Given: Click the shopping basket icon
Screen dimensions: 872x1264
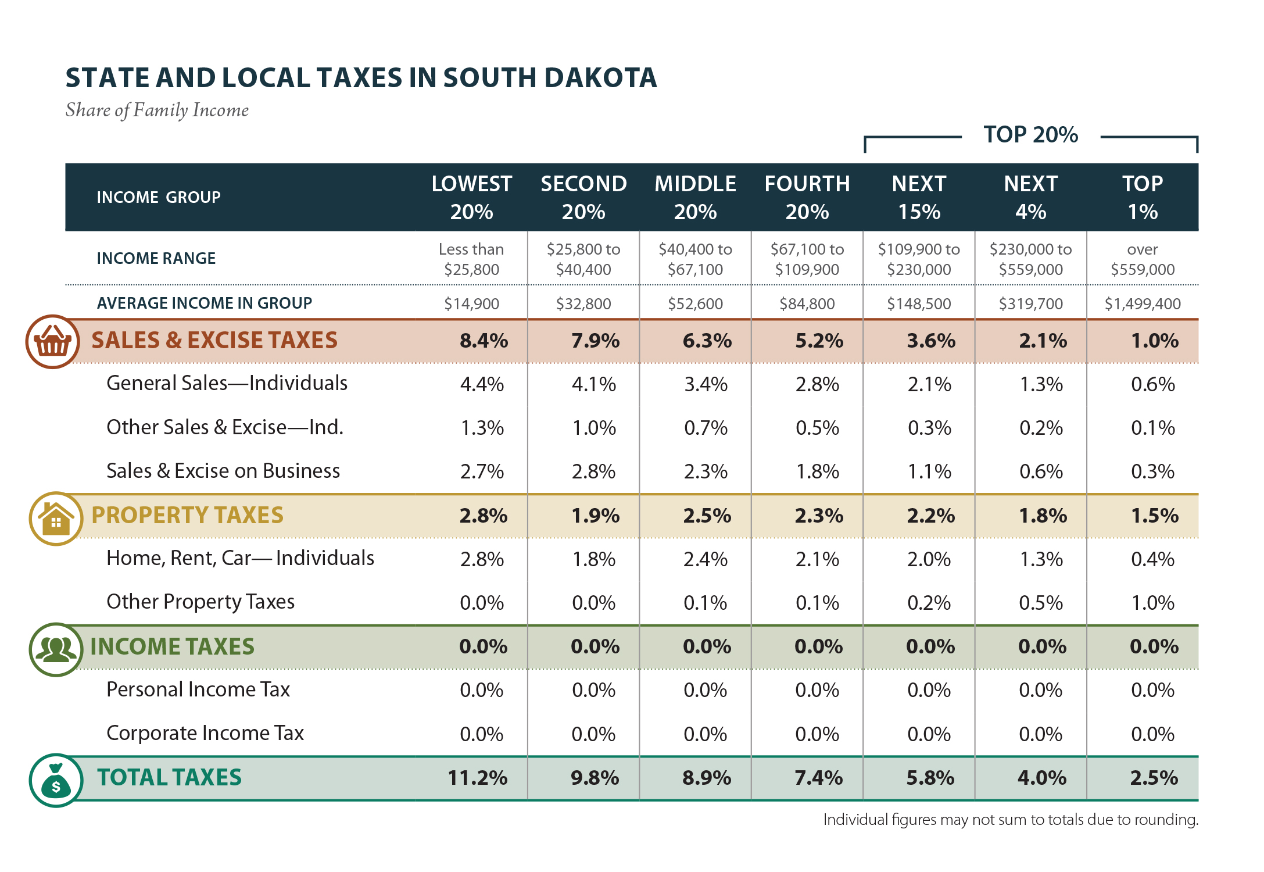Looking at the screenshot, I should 52,342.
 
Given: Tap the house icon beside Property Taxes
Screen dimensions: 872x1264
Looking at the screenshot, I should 56,518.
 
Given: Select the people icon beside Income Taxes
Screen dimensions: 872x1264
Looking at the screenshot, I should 56,649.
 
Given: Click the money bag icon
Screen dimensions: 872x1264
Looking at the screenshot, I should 56,780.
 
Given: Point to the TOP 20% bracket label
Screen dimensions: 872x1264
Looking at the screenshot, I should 1030,135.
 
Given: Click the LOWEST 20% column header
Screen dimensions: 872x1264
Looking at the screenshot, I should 471,198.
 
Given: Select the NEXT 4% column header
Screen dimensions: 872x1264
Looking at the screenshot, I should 1030,198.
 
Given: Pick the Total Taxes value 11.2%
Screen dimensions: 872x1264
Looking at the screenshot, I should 477,778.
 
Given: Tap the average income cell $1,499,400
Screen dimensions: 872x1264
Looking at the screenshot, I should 1142,303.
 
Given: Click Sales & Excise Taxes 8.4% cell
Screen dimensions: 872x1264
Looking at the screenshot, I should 484,341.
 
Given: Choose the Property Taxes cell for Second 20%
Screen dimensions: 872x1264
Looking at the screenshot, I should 595,516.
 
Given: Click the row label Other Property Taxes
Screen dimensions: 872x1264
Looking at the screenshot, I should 200,602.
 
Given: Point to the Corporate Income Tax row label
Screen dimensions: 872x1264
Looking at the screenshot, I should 205,733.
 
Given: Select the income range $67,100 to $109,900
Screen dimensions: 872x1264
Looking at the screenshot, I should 807,259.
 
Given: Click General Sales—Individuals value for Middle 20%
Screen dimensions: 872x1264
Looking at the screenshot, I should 706,384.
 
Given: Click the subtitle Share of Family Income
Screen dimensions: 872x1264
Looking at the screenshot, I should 157,110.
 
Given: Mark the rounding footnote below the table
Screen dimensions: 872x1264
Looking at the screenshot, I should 1011,820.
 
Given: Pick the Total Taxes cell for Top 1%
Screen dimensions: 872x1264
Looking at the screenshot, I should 1154,778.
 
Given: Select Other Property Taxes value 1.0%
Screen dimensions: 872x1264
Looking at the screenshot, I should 1152,603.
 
